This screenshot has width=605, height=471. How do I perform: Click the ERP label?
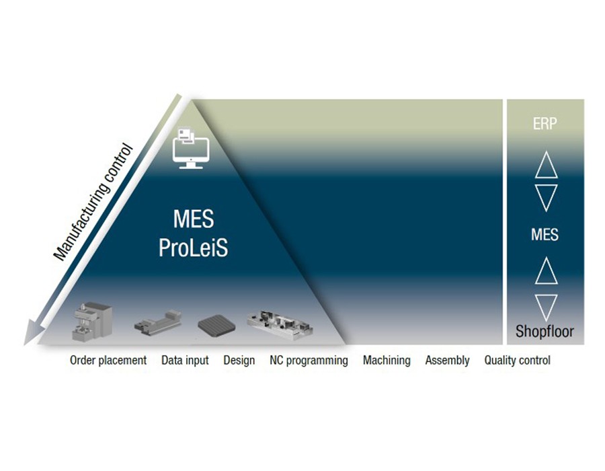(x=544, y=124)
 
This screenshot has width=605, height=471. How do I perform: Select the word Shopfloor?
(x=544, y=331)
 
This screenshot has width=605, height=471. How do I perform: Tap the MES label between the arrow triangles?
(x=544, y=235)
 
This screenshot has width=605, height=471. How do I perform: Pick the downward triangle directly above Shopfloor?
(x=545, y=306)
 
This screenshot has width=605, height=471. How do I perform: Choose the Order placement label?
(x=108, y=361)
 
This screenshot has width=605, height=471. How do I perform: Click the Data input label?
(x=185, y=361)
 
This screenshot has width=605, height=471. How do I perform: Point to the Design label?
(x=239, y=361)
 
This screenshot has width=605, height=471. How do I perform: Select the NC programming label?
(x=309, y=361)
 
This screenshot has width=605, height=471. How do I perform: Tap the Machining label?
(x=387, y=361)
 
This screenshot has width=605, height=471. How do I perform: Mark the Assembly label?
(x=447, y=361)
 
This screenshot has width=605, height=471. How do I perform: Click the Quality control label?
(x=517, y=361)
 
